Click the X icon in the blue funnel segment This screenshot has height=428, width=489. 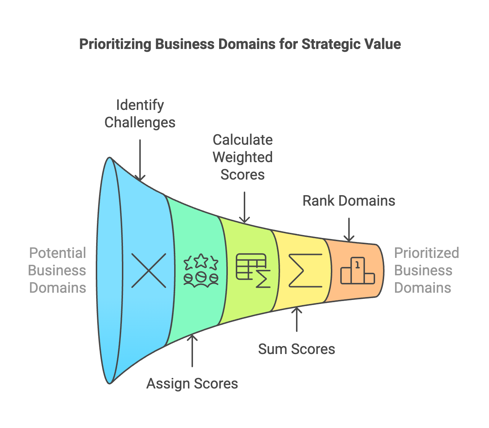pyautogui.click(x=149, y=271)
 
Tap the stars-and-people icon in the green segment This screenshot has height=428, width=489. pyautogui.click(x=201, y=271)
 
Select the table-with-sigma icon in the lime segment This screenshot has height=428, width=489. pyautogui.click(x=253, y=271)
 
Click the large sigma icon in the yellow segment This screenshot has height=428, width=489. pyautogui.click(x=305, y=271)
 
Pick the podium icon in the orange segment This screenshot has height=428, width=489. pyautogui.click(x=357, y=271)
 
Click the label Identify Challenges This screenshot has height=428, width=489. pyautogui.click(x=140, y=114)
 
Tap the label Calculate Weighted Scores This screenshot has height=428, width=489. pyautogui.click(x=243, y=157)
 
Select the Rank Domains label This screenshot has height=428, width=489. pyautogui.click(x=349, y=201)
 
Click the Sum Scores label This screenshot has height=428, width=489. pyautogui.click(x=296, y=349)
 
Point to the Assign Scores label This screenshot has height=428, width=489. pyautogui.click(x=192, y=384)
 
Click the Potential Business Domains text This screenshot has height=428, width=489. pyautogui.click(x=57, y=271)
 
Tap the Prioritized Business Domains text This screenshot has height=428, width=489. pyautogui.click(x=426, y=271)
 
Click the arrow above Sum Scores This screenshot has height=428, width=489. pyautogui.click(x=297, y=319)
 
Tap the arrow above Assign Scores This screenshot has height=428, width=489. pyautogui.click(x=192, y=350)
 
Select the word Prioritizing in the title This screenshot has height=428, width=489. pyautogui.click(x=115, y=44)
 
